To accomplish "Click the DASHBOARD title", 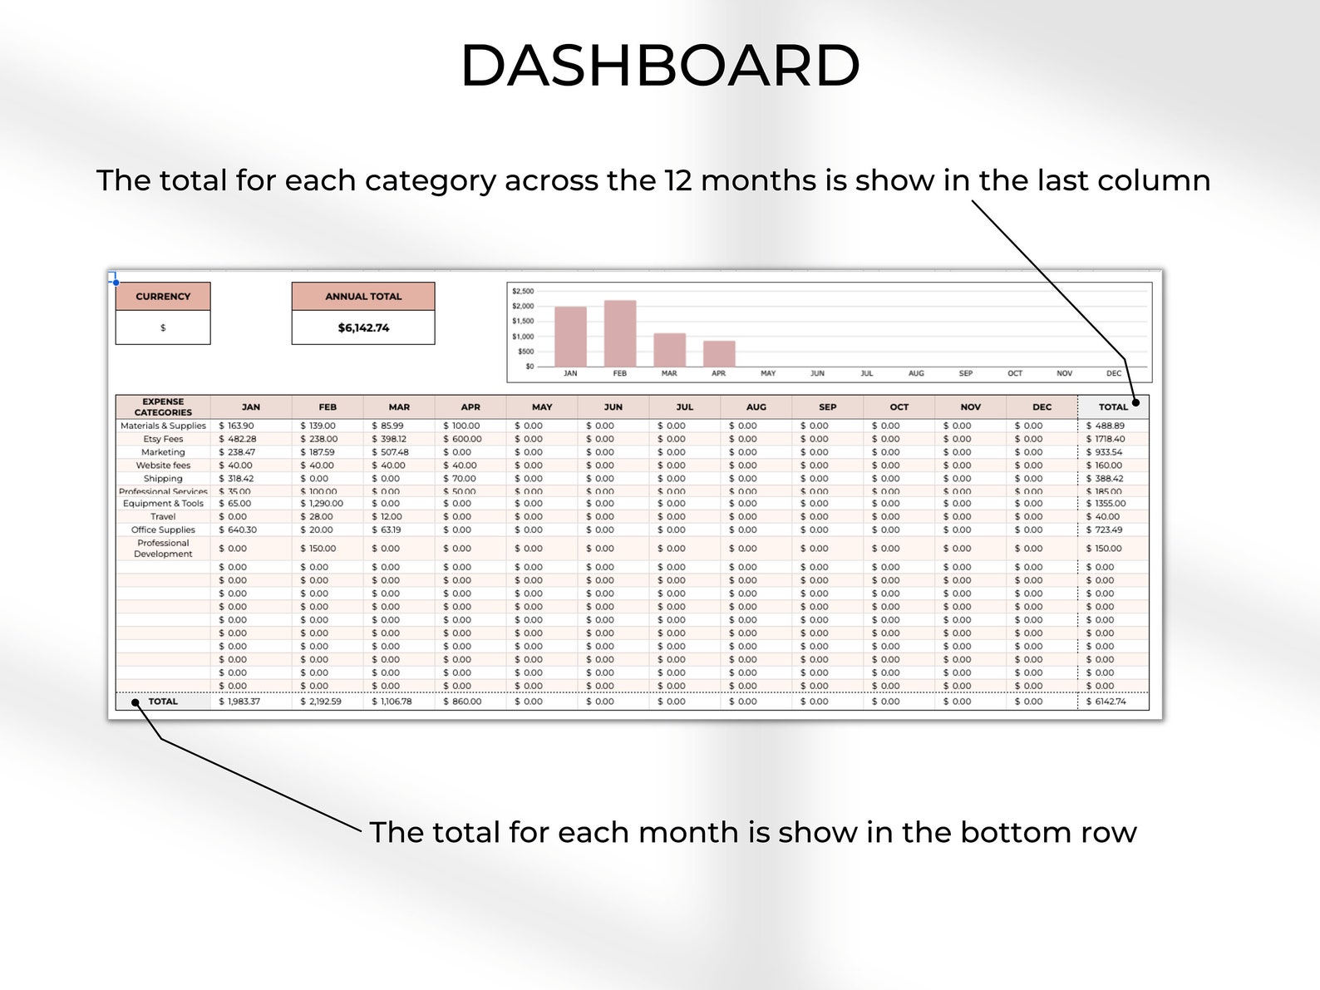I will pos(659,66).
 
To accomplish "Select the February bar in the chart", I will pos(620,333).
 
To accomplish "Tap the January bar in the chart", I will pos(570,337).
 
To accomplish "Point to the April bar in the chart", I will pos(719,353).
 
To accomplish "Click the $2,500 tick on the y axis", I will pos(523,291).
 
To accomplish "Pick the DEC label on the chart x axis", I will pos(1114,373).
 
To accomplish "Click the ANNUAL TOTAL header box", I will pos(363,297).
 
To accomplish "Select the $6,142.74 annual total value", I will pos(363,328).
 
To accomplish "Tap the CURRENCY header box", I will pos(163,297).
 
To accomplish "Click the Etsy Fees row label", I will pos(163,439).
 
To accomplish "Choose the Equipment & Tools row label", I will pos(163,503).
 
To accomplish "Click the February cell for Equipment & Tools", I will pos(322,503).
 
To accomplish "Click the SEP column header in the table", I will pos(828,407).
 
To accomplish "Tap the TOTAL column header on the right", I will pos(1113,407).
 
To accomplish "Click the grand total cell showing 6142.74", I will pos(1106,702).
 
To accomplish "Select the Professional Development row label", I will pos(163,549).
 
